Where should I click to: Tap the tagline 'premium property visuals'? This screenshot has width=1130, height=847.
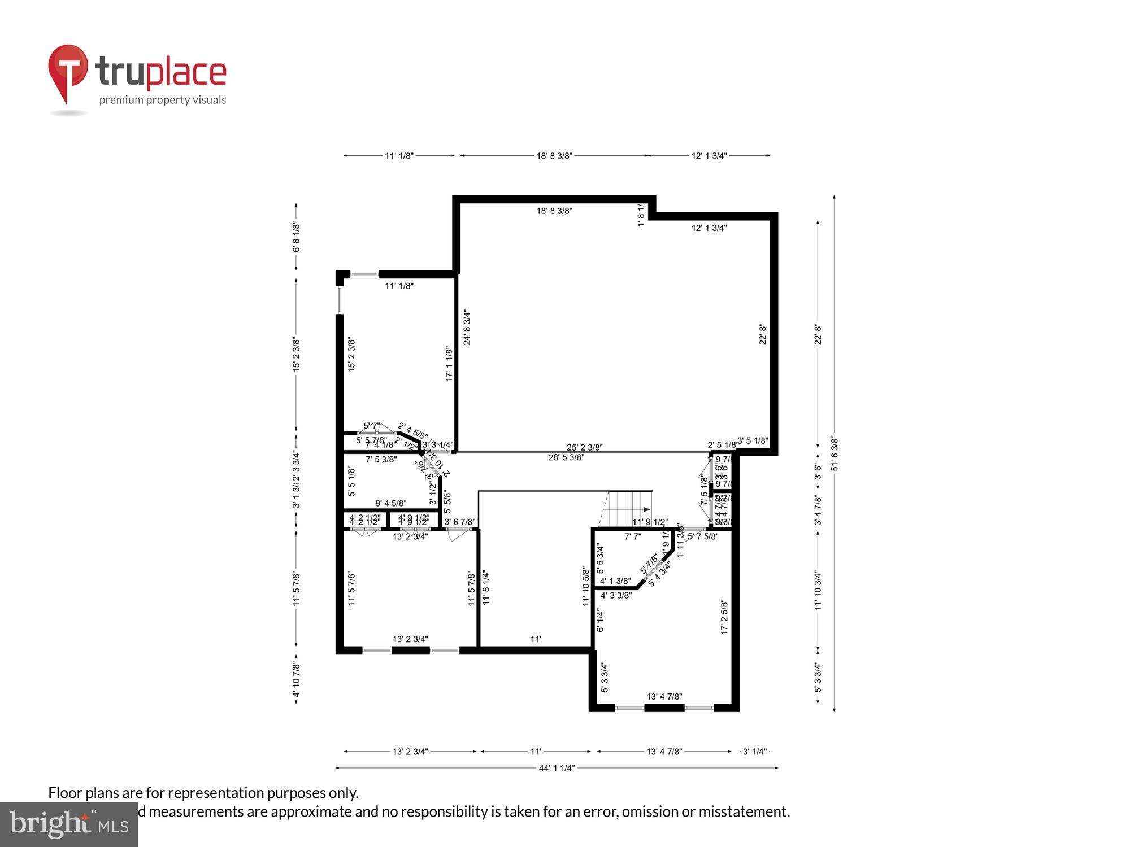(163, 101)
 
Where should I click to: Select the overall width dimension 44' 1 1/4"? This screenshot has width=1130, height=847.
(557, 768)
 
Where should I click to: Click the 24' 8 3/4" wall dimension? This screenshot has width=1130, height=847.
(467, 327)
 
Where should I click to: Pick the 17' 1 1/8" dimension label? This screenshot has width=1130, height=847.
(450, 364)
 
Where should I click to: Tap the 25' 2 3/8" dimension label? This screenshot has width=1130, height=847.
(584, 447)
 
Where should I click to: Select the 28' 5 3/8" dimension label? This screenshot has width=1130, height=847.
(566, 457)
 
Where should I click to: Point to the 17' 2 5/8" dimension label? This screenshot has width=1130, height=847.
(724, 617)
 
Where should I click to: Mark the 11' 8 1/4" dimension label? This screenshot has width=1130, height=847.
(486, 588)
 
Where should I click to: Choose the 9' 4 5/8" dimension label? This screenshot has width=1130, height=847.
(390, 503)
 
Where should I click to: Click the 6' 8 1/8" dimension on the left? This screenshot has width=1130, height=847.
(296, 237)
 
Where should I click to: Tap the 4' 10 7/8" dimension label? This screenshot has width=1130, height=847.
(296, 682)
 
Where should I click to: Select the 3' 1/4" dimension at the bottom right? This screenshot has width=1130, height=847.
(755, 752)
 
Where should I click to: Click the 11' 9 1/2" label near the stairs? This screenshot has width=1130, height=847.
(650, 522)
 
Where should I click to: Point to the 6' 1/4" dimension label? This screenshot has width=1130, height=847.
(600, 621)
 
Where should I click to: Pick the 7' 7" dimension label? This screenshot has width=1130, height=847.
(633, 536)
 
